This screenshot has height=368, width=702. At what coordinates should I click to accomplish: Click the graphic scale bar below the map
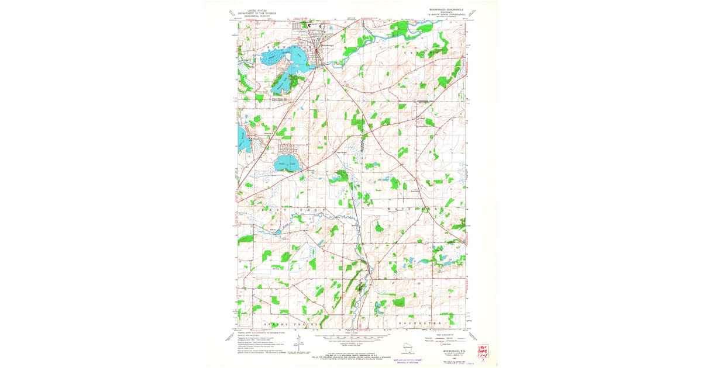[x=352, y=338]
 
